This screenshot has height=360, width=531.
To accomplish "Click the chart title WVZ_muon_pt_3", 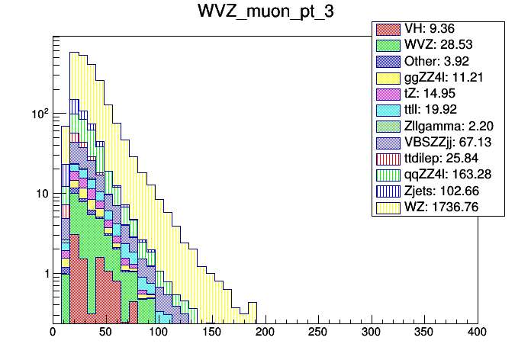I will click(x=265, y=14).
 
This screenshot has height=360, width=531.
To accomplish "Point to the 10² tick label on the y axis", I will click(x=40, y=113).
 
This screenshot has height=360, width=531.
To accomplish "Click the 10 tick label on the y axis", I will click(x=43, y=194).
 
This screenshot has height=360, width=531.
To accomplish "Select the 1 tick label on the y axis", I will click(x=46, y=274).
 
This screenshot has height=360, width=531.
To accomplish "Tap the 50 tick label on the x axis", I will click(x=105, y=333).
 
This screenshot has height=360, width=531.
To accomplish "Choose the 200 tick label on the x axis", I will click(x=265, y=333).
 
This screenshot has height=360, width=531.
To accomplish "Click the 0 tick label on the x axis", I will click(x=53, y=333).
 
